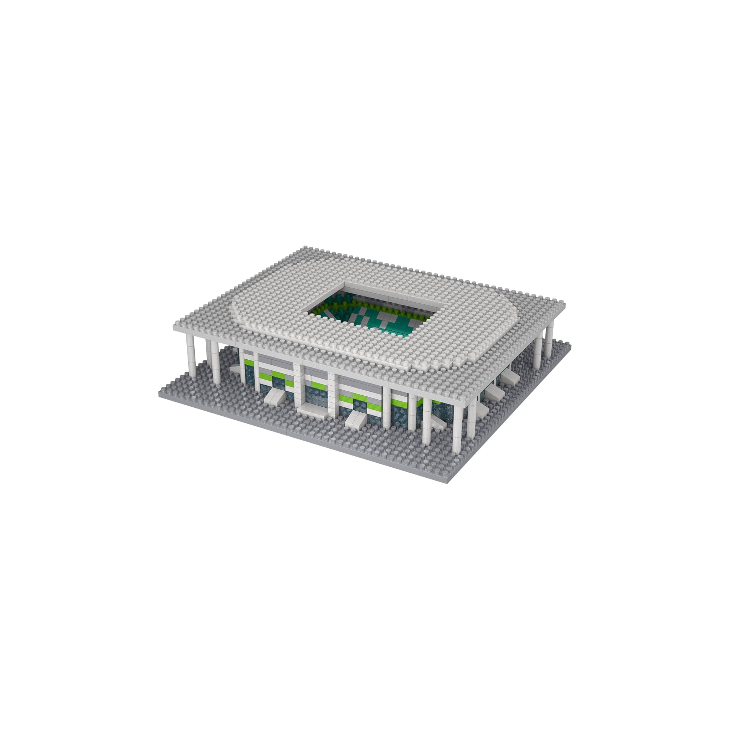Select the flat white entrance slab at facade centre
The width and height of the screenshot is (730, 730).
[312, 409]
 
